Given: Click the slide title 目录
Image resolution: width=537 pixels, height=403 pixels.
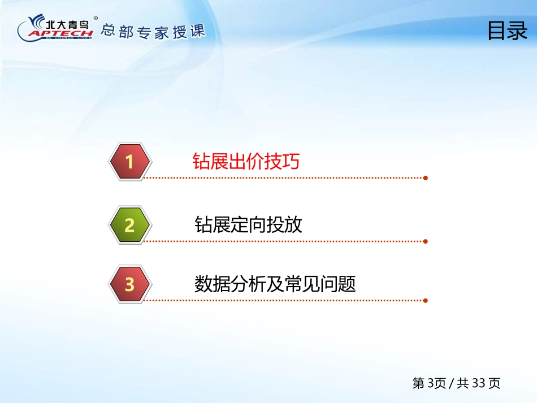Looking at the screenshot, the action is tap(508, 31).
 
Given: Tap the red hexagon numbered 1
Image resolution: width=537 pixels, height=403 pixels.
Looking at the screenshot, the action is tap(130, 161).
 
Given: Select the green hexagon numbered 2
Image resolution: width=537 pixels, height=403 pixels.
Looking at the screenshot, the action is tap(130, 225).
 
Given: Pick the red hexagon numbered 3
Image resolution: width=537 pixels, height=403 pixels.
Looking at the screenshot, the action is tap(130, 284).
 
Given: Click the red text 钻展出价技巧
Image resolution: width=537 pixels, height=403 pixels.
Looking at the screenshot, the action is tap(246, 161).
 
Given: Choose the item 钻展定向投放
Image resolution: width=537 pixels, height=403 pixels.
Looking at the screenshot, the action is tap(248, 224).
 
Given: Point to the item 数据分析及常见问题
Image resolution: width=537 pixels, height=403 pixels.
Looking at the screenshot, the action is tap(275, 284).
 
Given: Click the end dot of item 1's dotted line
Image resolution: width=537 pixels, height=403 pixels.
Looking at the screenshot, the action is tap(425, 177).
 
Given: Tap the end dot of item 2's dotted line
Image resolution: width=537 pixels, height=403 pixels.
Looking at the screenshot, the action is tap(425, 241).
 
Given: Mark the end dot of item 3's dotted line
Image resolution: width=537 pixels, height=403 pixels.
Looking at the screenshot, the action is tap(425, 301).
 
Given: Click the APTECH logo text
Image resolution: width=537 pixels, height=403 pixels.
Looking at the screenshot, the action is tap(60, 33).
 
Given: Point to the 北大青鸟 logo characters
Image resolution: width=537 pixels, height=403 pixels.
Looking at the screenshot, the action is tap(67, 24).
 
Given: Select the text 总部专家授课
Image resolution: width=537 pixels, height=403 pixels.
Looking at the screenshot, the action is tap(153, 32).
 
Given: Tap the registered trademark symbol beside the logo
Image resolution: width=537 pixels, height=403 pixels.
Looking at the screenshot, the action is tap(96, 18).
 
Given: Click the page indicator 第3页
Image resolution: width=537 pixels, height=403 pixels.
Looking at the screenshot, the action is tap(429, 383).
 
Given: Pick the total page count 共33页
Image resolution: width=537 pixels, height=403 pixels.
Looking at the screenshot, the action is tap(478, 383).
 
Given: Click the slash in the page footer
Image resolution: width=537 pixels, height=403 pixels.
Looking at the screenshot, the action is tap(452, 383).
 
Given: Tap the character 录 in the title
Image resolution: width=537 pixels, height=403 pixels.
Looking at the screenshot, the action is tap(518, 31).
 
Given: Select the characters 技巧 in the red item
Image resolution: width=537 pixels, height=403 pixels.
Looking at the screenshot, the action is tap(282, 161).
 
